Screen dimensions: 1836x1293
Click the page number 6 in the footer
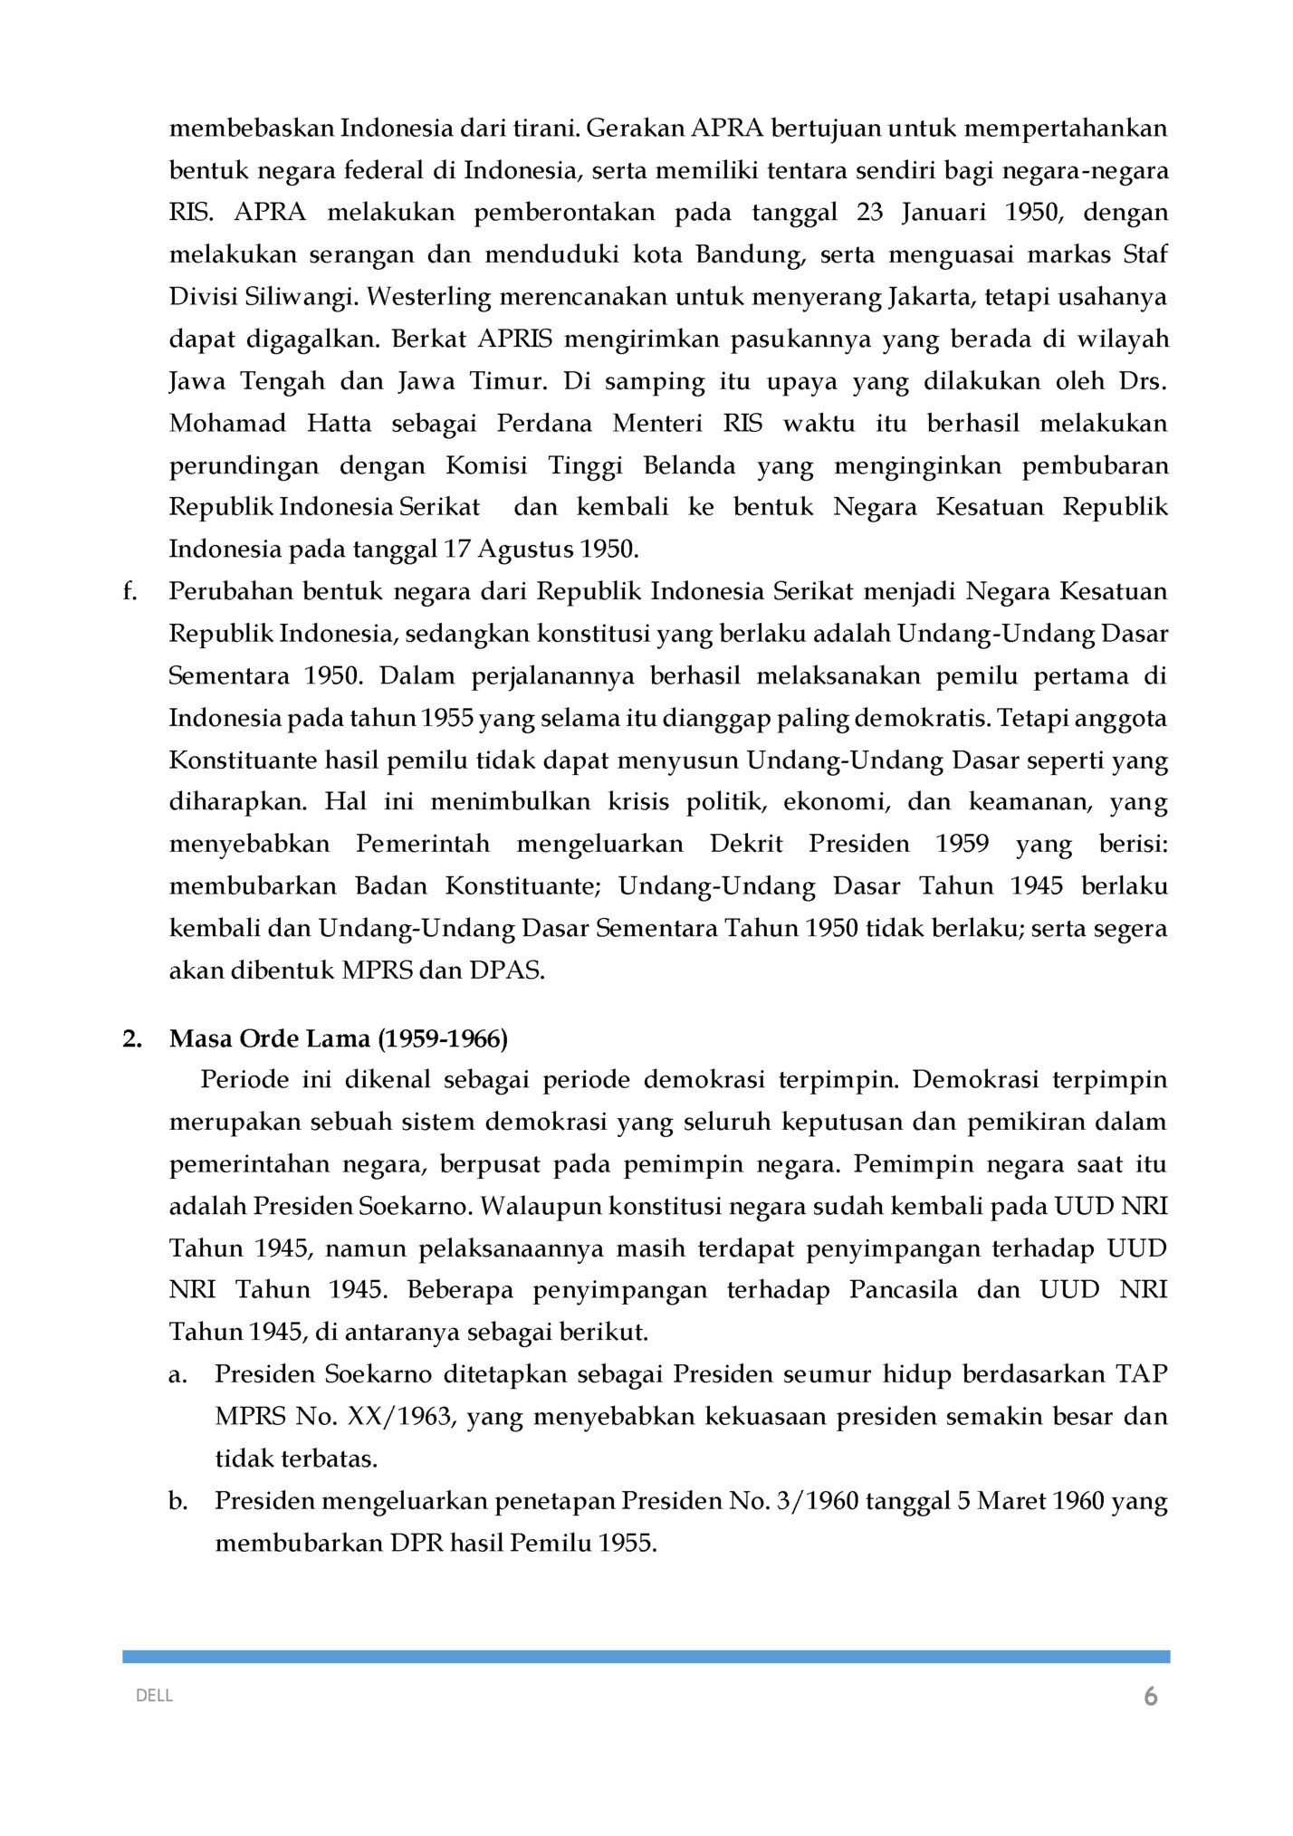click(1150, 1697)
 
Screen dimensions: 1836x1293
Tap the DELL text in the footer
click(154, 1696)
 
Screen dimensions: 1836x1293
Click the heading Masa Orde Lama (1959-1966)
click(338, 1038)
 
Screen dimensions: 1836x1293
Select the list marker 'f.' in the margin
click(129, 592)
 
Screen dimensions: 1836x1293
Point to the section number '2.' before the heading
click(132, 1038)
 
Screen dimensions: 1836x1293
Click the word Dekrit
click(746, 844)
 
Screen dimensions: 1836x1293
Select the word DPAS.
click(506, 971)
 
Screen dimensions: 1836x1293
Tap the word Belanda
click(689, 465)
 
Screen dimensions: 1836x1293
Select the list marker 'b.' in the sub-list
click(178, 1501)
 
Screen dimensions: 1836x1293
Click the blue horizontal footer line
click(646, 1656)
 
